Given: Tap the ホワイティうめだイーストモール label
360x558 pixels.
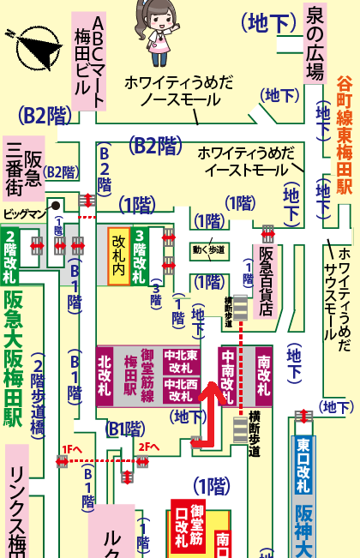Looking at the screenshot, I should [246, 161].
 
